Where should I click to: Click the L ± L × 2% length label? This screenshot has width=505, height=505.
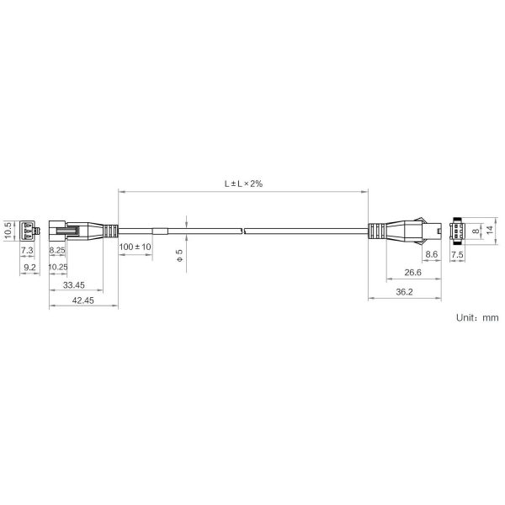click(243, 183)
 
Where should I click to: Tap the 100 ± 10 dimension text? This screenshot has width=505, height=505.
click(135, 247)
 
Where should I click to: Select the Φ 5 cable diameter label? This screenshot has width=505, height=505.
click(180, 255)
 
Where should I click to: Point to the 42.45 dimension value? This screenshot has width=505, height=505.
click(82, 300)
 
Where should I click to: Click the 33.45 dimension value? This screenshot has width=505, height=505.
click(74, 285)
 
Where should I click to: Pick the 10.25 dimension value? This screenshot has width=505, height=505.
click(58, 267)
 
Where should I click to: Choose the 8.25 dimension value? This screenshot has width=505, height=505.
click(57, 250)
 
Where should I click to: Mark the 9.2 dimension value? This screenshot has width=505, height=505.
click(29, 268)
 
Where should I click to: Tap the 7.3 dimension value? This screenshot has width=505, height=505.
click(27, 250)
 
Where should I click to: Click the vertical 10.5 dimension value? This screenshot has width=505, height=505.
click(8, 231)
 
